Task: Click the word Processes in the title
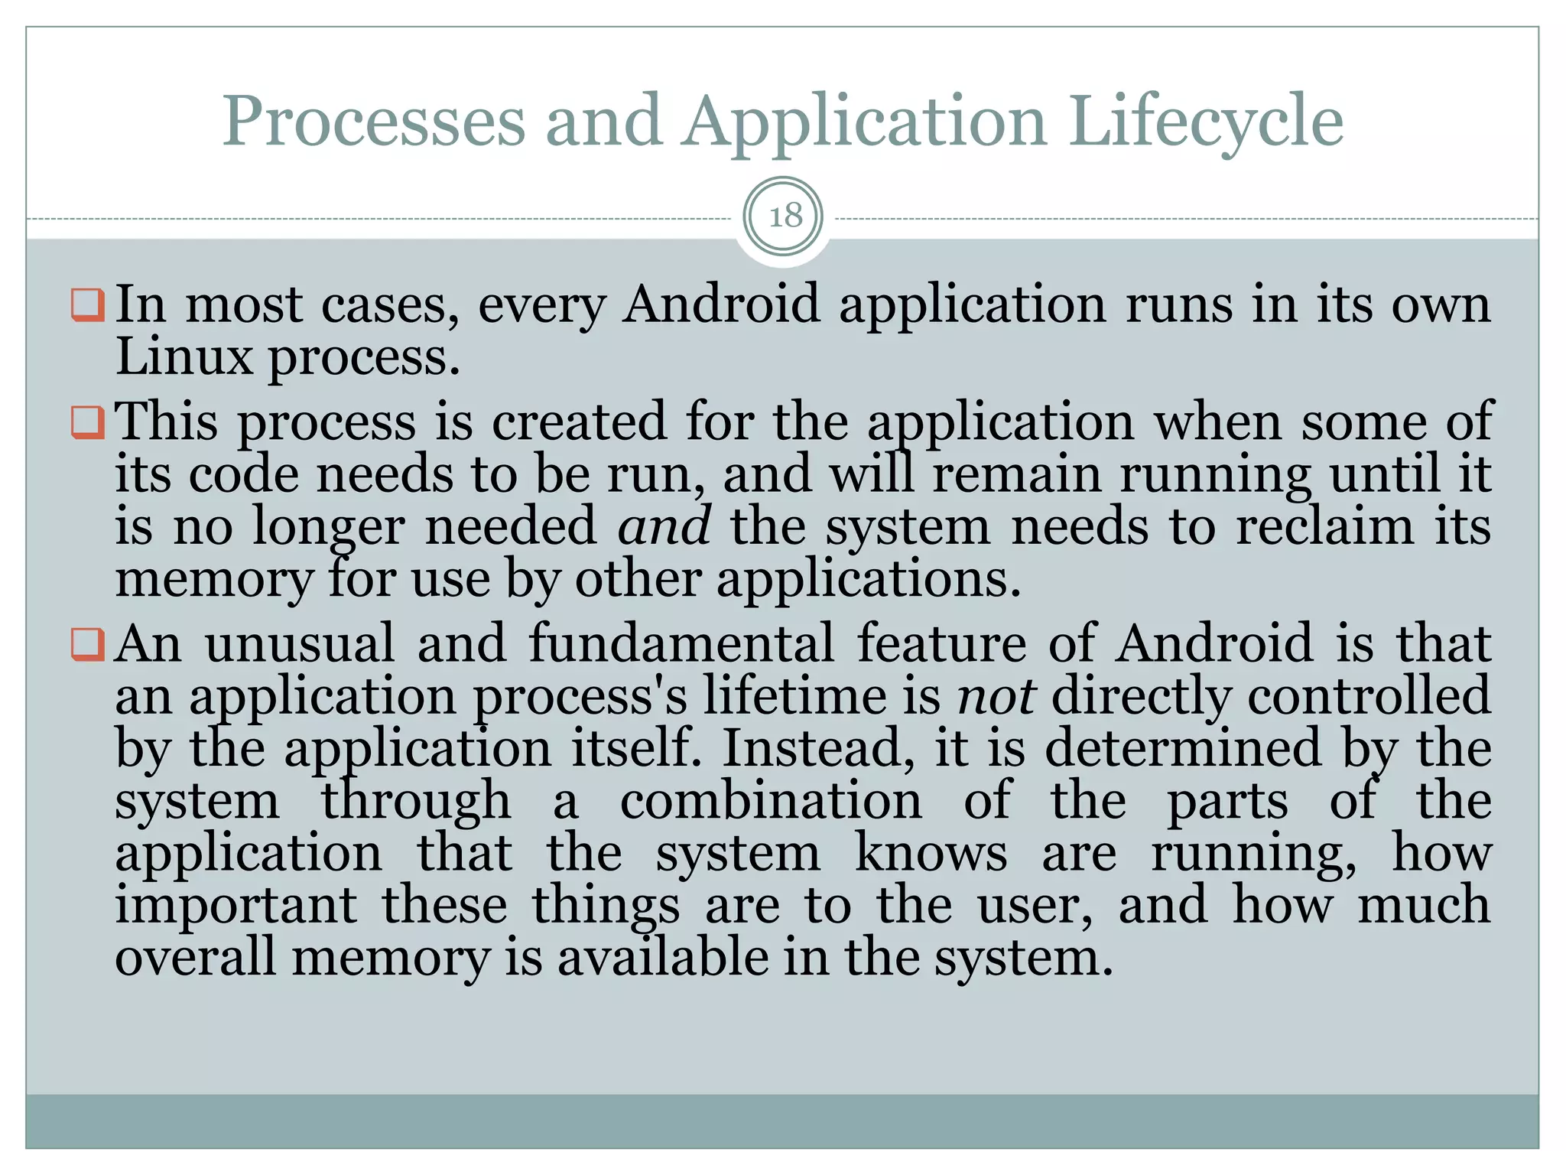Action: coord(374,121)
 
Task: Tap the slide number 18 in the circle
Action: coord(785,216)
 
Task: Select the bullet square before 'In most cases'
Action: coord(87,304)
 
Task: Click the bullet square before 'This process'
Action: coord(87,422)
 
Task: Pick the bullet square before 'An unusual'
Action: coord(87,644)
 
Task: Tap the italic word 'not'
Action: coord(996,696)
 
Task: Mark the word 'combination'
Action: coord(771,801)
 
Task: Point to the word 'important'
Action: coord(236,906)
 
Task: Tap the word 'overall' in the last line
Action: coord(195,958)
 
